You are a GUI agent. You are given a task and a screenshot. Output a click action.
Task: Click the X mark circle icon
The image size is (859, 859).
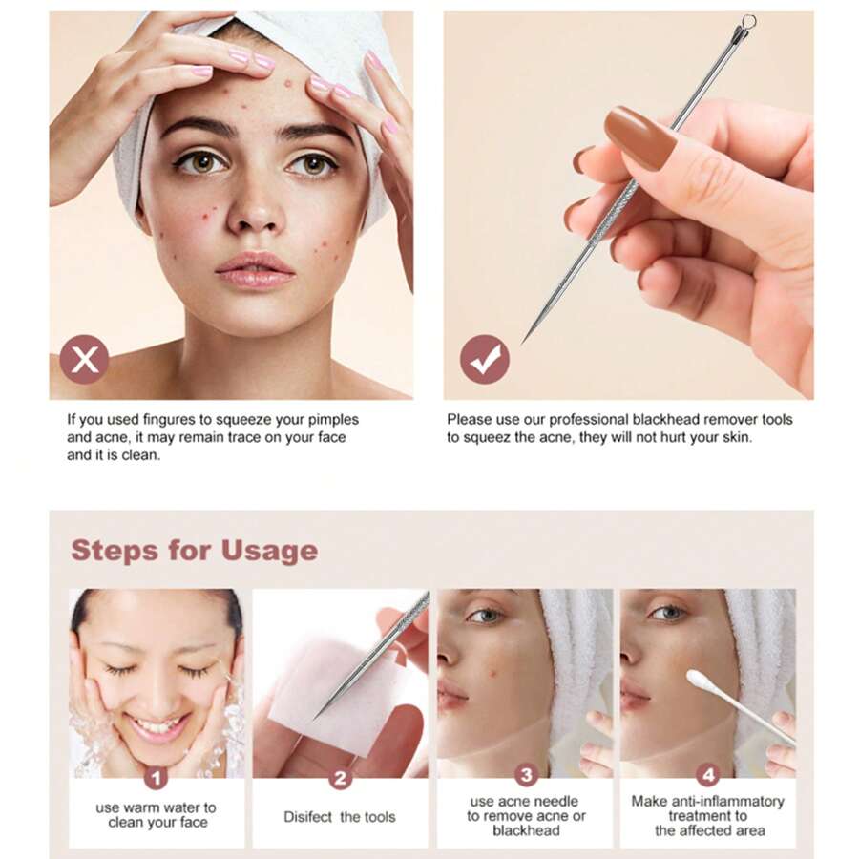[x=84, y=360]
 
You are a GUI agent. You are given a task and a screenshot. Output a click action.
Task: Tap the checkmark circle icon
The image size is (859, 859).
[x=485, y=360]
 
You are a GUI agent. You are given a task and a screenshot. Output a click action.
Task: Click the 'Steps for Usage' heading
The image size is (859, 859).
[x=194, y=551]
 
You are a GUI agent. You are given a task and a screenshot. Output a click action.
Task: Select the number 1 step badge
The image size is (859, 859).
[x=157, y=778]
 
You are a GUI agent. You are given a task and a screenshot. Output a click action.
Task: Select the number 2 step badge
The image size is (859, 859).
[x=340, y=778]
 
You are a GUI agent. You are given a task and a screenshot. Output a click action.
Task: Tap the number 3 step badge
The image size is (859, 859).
[x=525, y=775]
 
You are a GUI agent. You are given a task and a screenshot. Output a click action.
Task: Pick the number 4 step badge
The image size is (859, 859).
[x=707, y=775]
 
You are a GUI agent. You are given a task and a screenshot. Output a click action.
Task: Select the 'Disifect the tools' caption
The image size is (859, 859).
[x=339, y=817]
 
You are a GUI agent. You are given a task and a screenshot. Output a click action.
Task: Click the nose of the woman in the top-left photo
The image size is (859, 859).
[x=253, y=215]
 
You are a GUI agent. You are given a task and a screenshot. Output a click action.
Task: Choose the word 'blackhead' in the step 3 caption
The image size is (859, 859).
[x=526, y=830]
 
